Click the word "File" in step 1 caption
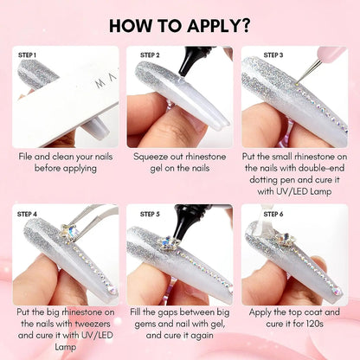[29, 157]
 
